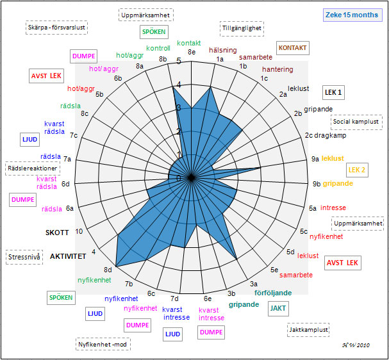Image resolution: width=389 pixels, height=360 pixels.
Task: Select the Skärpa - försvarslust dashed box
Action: click(57, 28)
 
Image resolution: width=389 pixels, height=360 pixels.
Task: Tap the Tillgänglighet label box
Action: click(242, 28)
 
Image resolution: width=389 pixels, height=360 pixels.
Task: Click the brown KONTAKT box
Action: click(293, 48)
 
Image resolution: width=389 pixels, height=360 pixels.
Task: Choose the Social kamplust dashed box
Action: click(357, 121)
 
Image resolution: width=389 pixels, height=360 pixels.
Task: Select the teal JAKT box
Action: click(278, 308)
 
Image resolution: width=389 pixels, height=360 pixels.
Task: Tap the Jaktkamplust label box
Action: click(309, 331)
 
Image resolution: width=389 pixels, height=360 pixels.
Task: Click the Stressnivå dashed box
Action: click(25, 258)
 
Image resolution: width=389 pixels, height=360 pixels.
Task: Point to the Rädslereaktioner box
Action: click(32, 168)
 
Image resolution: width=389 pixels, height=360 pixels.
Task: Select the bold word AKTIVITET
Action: click(68, 256)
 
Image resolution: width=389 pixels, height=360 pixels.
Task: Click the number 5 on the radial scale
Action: click(179, 61)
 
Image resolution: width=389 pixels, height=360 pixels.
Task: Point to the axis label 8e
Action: click(192, 52)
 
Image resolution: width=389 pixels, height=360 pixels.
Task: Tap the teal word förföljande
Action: click(273, 293)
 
